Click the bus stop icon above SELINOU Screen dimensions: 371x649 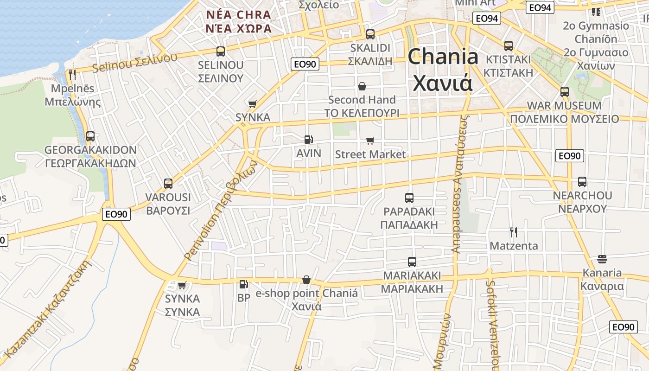(x=221, y=51)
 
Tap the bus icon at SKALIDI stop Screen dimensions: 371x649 (x=370, y=34)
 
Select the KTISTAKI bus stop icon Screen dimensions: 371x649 (x=509, y=46)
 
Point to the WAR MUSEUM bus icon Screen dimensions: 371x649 (x=564, y=92)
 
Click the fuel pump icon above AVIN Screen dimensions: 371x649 (x=308, y=139)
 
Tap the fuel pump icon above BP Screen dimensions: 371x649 (x=243, y=284)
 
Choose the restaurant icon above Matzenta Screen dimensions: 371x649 (x=513, y=232)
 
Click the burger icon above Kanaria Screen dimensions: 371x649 (x=602, y=259)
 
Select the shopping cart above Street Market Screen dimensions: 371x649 (x=370, y=141)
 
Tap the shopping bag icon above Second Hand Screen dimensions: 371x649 (x=362, y=86)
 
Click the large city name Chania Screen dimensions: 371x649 (x=443, y=70)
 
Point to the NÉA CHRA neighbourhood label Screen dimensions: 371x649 (x=239, y=21)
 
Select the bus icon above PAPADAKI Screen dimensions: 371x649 (x=409, y=198)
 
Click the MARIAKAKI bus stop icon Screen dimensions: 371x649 (x=412, y=262)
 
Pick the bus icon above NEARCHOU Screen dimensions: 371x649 (x=582, y=182)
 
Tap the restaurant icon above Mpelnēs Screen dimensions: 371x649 (x=72, y=74)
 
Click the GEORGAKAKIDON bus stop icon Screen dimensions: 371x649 (x=90, y=136)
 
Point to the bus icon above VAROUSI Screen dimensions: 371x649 (x=168, y=184)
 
